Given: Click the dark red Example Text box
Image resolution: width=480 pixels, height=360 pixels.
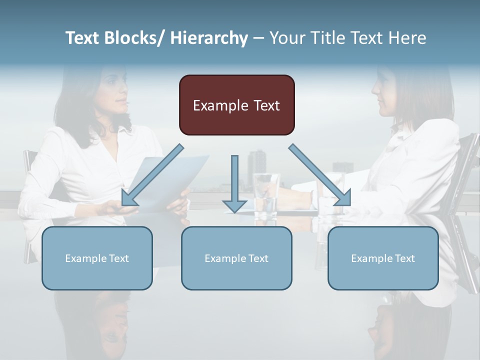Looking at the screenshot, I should (x=236, y=105).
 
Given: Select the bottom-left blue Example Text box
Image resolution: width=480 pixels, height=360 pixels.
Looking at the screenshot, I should (x=97, y=258).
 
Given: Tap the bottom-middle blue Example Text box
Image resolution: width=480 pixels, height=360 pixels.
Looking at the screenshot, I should (x=236, y=258).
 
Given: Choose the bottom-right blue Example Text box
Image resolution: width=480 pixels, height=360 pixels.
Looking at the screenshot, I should (x=383, y=258).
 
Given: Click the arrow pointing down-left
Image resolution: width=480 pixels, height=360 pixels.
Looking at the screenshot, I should (x=152, y=175).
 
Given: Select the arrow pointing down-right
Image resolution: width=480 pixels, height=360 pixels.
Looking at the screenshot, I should (x=320, y=175).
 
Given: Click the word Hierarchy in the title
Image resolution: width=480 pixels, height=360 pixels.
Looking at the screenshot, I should (x=209, y=38).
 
